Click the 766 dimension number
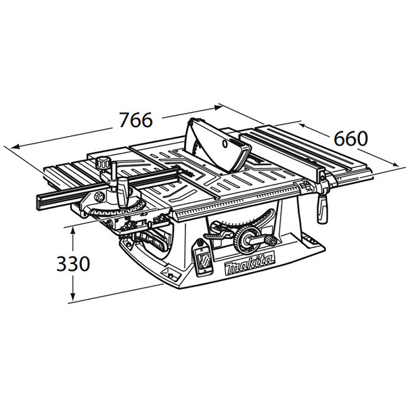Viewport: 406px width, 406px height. coord(136,120)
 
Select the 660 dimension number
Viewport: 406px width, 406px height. coord(351,139)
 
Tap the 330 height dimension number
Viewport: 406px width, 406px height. coord(73,264)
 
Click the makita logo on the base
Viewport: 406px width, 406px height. coord(249,265)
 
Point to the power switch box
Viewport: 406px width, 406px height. coord(203,257)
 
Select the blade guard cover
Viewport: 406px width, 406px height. coord(217,145)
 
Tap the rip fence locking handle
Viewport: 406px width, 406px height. coord(322,208)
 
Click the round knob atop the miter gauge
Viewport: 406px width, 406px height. coord(103,163)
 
